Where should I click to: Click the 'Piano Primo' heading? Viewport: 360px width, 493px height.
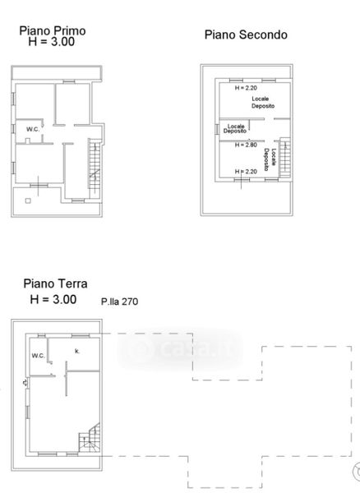53,31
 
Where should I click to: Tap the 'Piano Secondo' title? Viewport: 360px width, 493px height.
246,35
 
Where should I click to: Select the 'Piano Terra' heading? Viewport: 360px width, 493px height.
55,283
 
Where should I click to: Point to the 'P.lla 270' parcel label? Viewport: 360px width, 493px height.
119,302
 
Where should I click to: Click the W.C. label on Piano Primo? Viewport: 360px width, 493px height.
33,129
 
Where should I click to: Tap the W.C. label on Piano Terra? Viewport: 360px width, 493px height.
39,356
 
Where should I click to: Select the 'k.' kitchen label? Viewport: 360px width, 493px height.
77,351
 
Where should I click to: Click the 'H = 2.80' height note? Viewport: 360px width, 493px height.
247,145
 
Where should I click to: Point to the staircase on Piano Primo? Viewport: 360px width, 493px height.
95,168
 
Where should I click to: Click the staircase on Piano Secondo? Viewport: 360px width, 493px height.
285,157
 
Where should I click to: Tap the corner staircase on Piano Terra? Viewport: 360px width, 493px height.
90,438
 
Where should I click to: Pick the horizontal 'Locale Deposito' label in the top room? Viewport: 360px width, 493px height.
263,103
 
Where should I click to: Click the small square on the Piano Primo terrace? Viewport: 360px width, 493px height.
28,200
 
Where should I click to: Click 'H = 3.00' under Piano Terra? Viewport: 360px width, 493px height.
53,299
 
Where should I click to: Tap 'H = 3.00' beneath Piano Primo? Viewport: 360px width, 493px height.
52,42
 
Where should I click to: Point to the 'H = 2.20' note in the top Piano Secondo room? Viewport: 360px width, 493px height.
246,88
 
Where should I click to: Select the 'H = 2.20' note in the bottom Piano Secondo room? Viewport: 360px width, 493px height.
247,172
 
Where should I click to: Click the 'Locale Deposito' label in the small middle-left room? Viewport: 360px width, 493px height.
235,129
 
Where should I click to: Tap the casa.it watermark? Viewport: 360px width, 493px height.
180,349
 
